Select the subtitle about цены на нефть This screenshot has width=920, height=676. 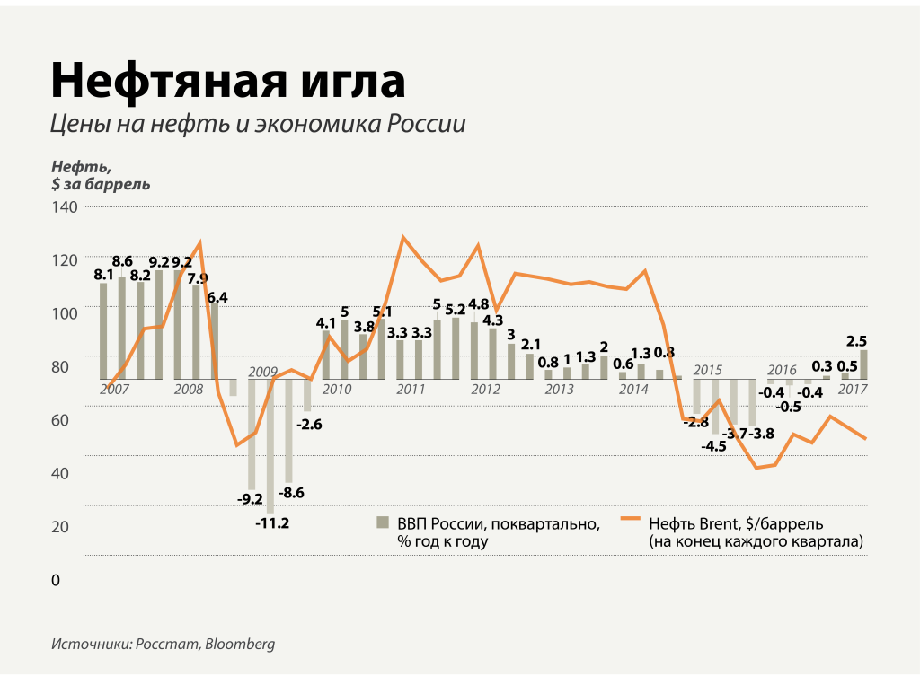[x=259, y=124]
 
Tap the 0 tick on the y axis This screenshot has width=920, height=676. [x=56, y=581]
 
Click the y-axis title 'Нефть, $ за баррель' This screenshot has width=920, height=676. [x=101, y=175]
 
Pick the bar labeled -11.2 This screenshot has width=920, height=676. [x=270, y=445]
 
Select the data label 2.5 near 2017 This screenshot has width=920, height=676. [x=856, y=340]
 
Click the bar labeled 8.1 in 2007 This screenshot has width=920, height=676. [x=103, y=330]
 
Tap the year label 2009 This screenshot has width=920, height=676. [x=263, y=372]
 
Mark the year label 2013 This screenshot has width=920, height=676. [x=559, y=390]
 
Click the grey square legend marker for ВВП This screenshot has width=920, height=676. [x=382, y=522]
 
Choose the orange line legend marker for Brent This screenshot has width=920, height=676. [x=632, y=522]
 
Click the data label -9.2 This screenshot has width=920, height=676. [x=250, y=499]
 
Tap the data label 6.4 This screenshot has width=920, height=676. [x=217, y=297]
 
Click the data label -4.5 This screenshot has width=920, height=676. [x=715, y=445]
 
